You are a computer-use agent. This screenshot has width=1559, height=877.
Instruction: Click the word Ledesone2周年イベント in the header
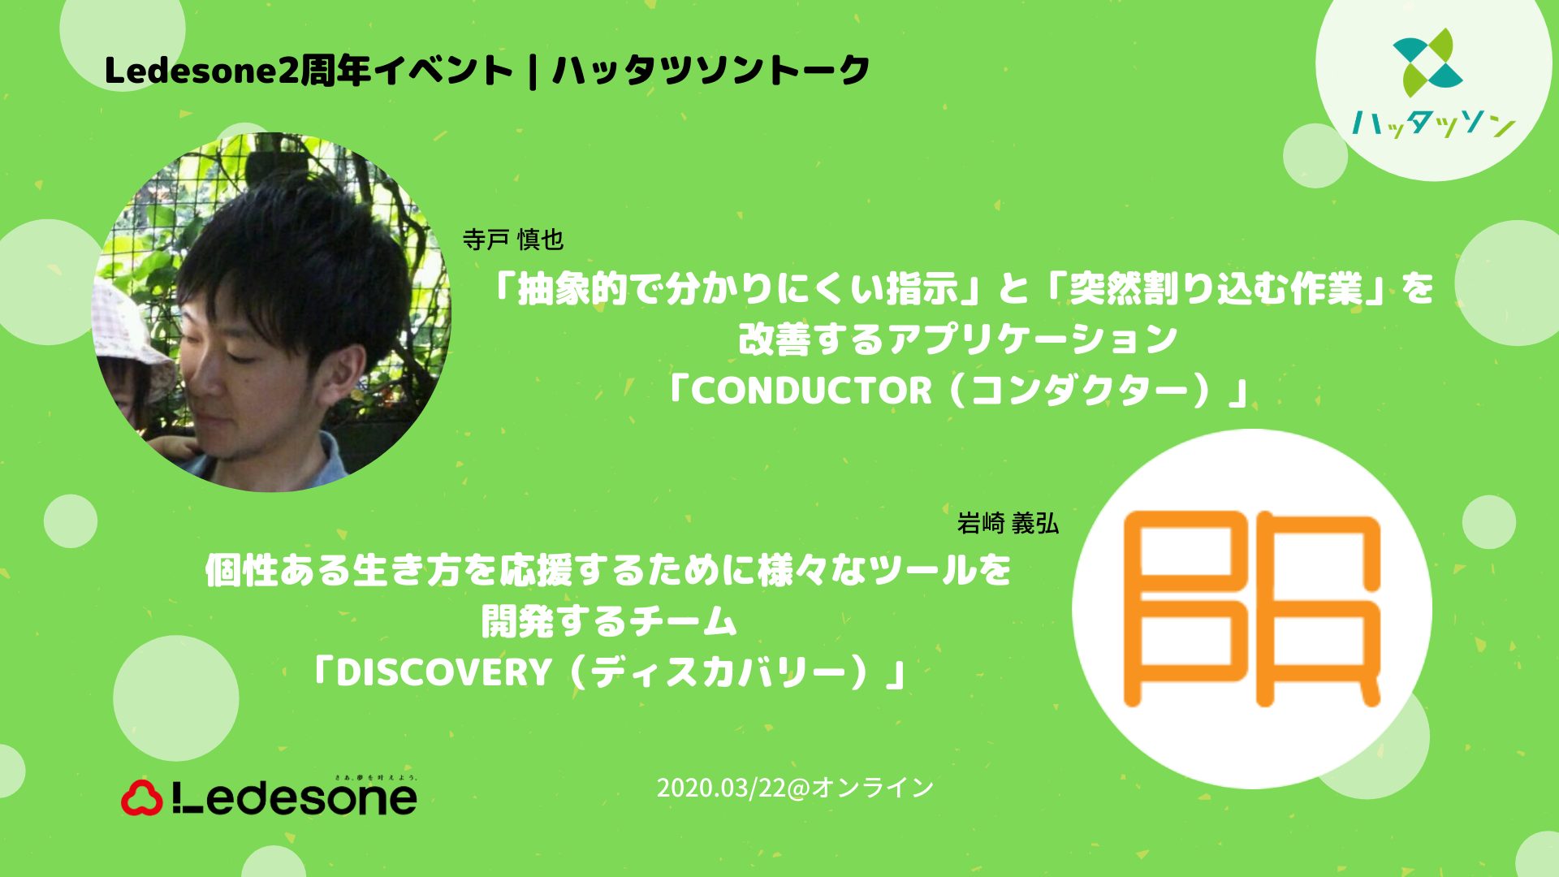tap(309, 71)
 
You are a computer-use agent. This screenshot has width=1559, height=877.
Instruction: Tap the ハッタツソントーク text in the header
tap(711, 71)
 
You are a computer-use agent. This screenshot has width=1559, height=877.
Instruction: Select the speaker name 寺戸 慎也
tap(512, 240)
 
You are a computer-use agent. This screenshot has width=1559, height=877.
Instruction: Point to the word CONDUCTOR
tap(811, 391)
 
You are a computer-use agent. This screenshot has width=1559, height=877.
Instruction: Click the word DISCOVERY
tap(443, 672)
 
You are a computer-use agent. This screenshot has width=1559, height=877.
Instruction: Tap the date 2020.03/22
tap(722, 788)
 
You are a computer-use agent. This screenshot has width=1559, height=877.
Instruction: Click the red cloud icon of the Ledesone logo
tap(142, 797)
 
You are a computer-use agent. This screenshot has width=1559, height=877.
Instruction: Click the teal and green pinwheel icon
tap(1428, 59)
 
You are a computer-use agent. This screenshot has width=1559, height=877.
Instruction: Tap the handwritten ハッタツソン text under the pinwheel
tap(1433, 123)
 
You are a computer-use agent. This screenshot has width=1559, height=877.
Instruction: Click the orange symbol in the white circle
tap(1251, 608)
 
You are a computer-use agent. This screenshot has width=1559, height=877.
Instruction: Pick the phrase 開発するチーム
tap(609, 622)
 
